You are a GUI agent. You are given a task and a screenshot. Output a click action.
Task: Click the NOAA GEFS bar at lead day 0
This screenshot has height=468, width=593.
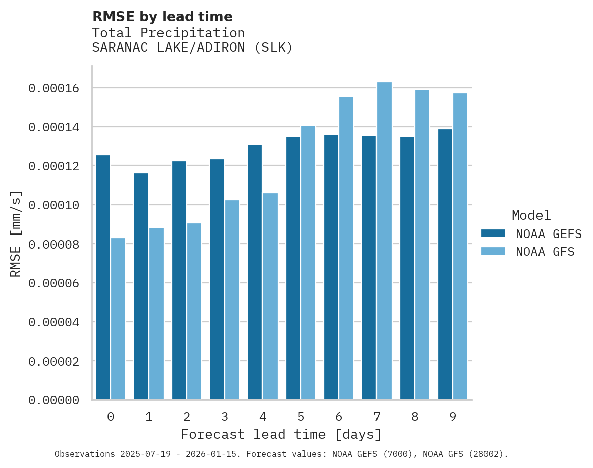pyautogui.click(x=103, y=277)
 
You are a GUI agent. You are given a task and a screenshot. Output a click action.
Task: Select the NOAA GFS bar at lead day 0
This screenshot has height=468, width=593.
pyautogui.click(x=118, y=319)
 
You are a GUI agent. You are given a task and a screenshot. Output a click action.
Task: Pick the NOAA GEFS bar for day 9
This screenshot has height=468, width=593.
pyautogui.click(x=445, y=264)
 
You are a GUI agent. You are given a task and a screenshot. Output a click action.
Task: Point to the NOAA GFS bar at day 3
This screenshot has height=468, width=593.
pyautogui.click(x=232, y=300)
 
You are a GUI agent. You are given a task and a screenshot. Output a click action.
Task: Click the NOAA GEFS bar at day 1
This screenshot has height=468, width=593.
pyautogui.click(x=141, y=286)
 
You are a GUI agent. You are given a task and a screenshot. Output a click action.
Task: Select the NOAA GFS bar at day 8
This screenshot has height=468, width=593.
pyautogui.click(x=422, y=245)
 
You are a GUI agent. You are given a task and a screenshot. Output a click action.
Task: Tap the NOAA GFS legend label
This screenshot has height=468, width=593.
pyautogui.click(x=545, y=252)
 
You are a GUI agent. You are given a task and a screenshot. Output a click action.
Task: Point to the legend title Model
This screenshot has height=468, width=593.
pyautogui.click(x=531, y=215)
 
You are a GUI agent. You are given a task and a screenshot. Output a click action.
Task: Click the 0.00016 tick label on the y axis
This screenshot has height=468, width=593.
pyautogui.click(x=54, y=89)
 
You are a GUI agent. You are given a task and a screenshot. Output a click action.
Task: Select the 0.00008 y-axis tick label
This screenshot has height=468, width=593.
pyautogui.click(x=54, y=245)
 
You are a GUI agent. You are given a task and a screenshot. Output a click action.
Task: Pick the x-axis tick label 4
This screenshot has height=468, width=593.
pyautogui.click(x=263, y=417)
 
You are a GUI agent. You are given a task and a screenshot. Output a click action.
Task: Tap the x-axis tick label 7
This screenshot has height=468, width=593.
pyautogui.click(x=377, y=417)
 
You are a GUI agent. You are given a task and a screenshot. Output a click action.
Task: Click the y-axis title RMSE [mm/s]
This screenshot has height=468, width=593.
pyautogui.click(x=16, y=234)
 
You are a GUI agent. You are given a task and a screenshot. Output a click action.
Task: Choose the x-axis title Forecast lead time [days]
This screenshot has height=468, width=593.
pyautogui.click(x=281, y=434)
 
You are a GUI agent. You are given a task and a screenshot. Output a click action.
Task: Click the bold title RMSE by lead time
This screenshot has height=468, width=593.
pyautogui.click(x=163, y=17)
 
